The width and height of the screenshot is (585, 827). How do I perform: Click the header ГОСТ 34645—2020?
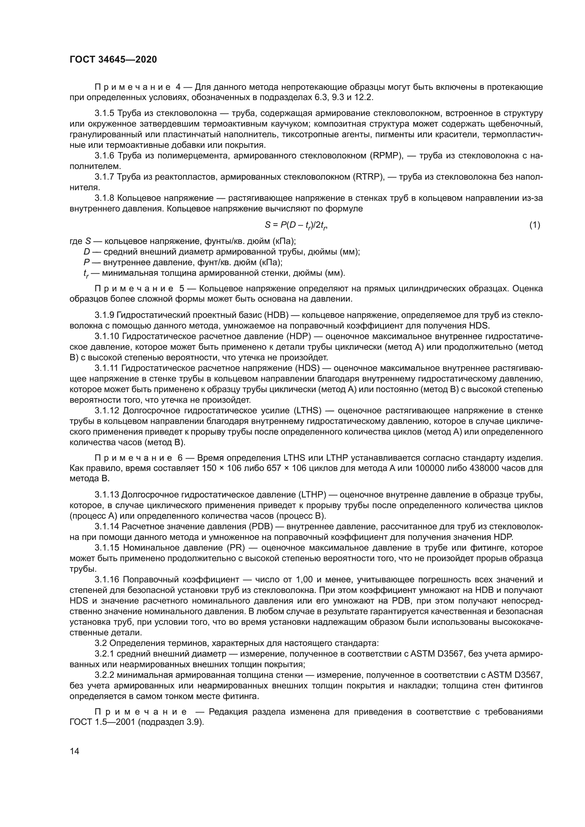113,60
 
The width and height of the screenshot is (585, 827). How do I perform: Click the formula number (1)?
534,225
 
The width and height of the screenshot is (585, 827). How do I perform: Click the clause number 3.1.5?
104,113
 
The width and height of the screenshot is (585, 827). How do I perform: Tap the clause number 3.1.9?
104,315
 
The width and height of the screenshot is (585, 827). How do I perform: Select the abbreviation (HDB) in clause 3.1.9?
276,315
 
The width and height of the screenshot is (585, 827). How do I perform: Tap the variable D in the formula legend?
86,252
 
